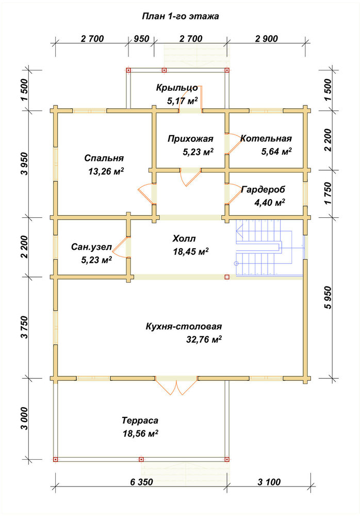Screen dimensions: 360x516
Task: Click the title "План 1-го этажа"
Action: click(x=181, y=17)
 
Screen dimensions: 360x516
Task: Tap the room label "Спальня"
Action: click(x=104, y=158)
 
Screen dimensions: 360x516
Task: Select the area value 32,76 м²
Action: click(x=204, y=340)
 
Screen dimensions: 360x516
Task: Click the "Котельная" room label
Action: click(x=266, y=138)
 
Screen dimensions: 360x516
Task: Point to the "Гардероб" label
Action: click(x=263, y=189)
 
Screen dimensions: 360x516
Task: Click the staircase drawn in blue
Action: click(x=269, y=247)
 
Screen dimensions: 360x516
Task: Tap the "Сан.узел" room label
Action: click(x=91, y=247)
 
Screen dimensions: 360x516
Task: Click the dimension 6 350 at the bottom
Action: click(x=141, y=482)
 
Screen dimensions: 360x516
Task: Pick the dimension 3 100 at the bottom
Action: click(x=269, y=482)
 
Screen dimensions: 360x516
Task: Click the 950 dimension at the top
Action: click(x=141, y=39)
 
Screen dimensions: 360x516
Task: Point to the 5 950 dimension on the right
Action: click(x=328, y=298)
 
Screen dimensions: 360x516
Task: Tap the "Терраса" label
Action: click(x=140, y=421)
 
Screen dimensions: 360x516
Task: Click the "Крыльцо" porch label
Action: click(x=177, y=88)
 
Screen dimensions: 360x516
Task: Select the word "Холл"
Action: click(x=184, y=238)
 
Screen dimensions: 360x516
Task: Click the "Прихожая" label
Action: click(x=190, y=139)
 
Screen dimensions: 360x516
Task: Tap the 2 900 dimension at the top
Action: click(x=266, y=39)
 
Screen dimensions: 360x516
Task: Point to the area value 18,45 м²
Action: click(x=191, y=252)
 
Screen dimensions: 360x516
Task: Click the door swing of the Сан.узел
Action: click(x=121, y=247)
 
